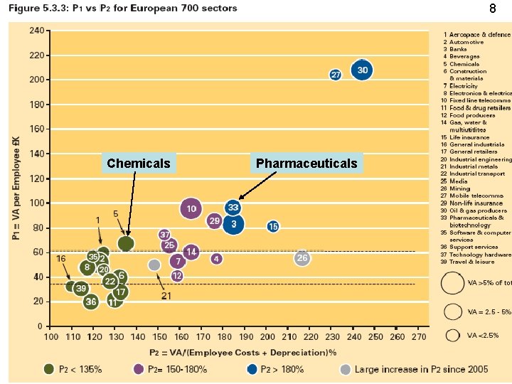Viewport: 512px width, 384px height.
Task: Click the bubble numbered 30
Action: click(363, 70)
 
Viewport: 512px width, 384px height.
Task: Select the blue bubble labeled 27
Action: click(336, 75)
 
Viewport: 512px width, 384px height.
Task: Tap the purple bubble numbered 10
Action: click(190, 209)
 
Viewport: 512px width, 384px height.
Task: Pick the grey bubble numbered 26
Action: click(302, 258)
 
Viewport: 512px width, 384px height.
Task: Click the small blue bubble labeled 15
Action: click(273, 226)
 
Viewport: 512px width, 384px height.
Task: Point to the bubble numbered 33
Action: click(233, 208)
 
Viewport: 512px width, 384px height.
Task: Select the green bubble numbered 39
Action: click(81, 288)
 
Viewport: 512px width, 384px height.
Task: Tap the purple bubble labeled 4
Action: click(216, 258)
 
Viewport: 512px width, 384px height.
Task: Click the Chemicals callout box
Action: click(139, 164)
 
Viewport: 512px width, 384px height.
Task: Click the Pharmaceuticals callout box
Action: click(306, 164)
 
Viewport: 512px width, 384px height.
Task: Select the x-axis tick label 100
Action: click(52, 335)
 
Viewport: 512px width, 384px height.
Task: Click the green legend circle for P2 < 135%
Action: click(48, 368)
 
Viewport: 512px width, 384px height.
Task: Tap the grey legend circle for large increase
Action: click(345, 368)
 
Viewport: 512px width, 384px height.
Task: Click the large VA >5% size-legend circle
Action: click(453, 283)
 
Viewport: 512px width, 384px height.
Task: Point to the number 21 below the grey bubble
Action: click(166, 296)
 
